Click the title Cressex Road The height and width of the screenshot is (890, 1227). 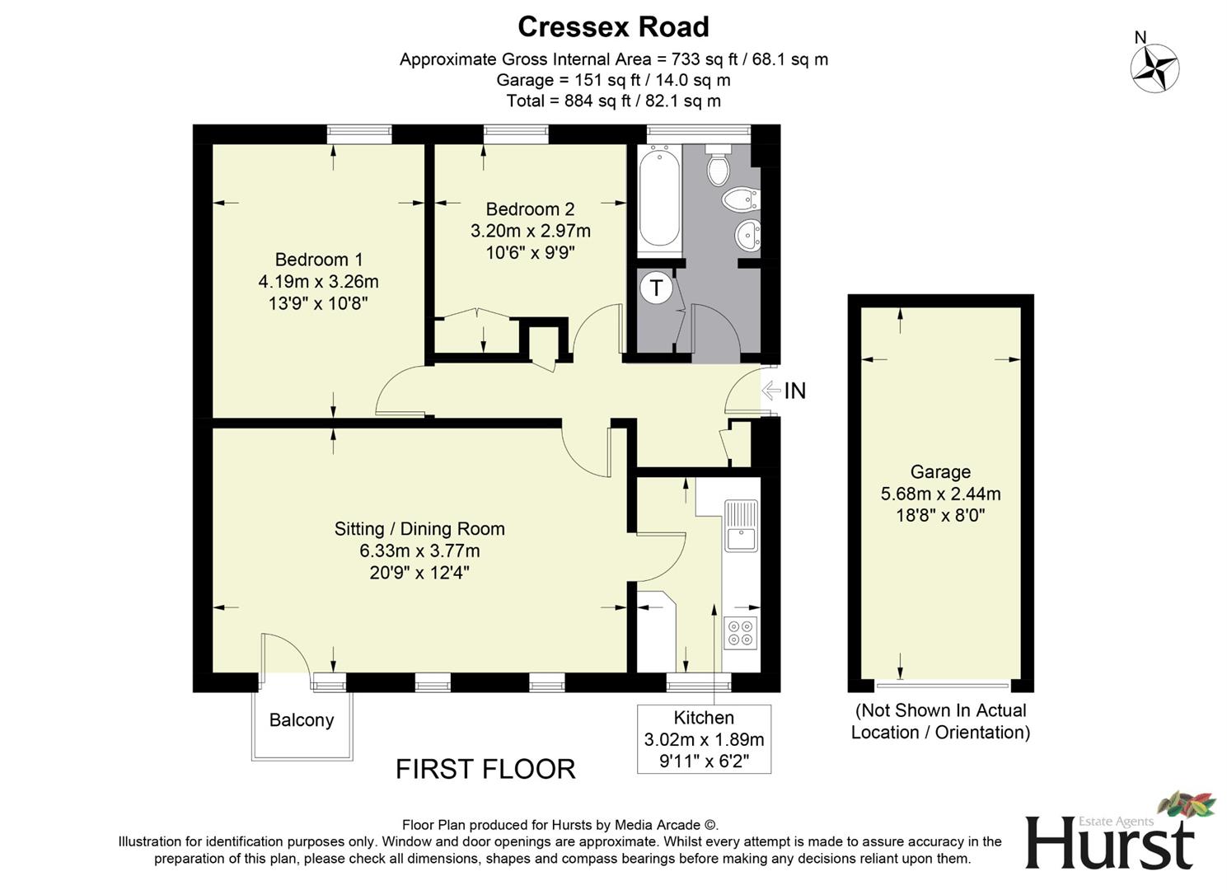(x=613, y=27)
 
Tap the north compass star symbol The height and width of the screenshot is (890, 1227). (x=1154, y=68)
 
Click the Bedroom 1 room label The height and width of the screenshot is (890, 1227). (x=318, y=260)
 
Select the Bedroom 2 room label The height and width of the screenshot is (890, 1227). (x=530, y=209)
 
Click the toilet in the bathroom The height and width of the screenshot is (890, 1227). (x=719, y=167)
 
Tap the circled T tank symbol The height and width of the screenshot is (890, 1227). (x=656, y=288)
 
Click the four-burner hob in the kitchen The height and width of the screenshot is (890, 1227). (x=740, y=632)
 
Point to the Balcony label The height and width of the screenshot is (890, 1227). (x=302, y=720)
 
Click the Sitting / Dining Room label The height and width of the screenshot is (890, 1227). (x=419, y=529)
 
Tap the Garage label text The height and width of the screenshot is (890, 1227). (x=940, y=472)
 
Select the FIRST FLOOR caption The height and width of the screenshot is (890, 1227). (x=485, y=769)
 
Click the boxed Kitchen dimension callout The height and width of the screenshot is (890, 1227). (x=704, y=738)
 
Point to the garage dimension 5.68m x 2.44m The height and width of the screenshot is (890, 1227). (x=940, y=494)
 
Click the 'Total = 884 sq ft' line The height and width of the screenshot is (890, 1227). (x=613, y=101)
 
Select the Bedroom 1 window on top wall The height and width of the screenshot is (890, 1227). (x=359, y=133)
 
